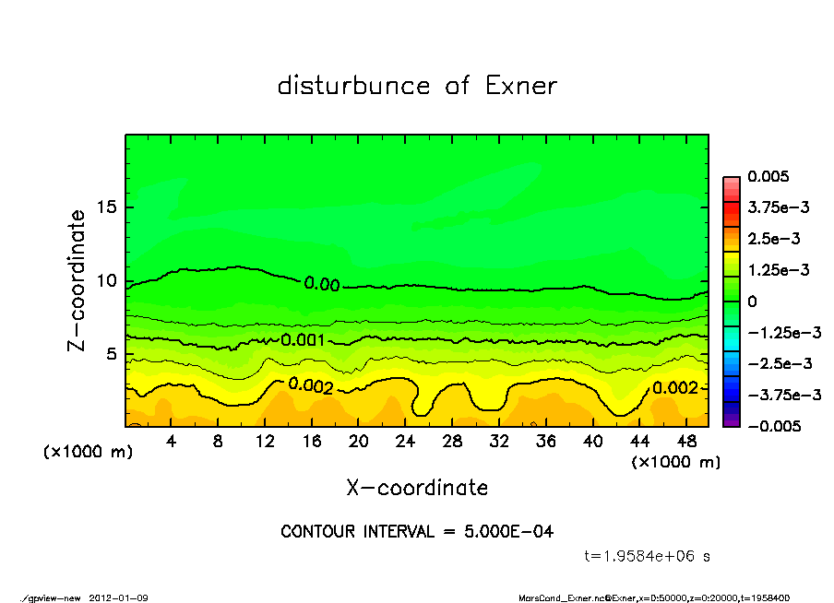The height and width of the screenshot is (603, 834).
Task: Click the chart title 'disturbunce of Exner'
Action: click(x=417, y=86)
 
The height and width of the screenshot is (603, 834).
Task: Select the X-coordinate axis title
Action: click(x=417, y=487)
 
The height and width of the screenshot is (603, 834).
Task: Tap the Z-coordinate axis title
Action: click(x=77, y=280)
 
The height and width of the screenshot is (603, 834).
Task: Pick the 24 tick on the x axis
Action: click(x=406, y=442)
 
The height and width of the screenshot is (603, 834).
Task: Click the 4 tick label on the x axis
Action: click(x=172, y=442)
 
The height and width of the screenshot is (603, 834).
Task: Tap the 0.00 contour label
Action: click(x=322, y=284)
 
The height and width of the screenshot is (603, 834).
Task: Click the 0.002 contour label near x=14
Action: click(x=311, y=385)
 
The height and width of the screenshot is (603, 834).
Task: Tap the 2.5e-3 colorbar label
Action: click(x=774, y=239)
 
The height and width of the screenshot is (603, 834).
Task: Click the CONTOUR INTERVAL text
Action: click(x=417, y=532)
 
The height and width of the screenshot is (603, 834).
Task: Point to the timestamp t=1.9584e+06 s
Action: click(x=648, y=556)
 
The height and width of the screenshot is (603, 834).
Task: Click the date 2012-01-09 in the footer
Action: click(x=119, y=598)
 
